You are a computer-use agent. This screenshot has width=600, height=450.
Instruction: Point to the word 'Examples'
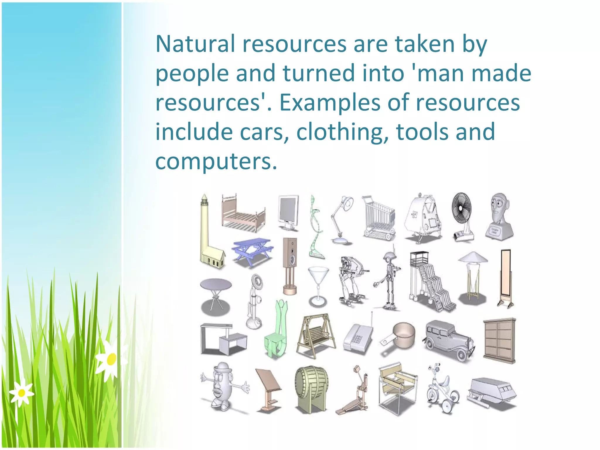[x=330, y=103]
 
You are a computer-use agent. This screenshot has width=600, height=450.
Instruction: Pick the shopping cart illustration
[x=379, y=218]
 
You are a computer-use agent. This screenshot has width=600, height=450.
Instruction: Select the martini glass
[x=318, y=284]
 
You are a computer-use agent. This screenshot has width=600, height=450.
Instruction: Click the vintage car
[x=448, y=340]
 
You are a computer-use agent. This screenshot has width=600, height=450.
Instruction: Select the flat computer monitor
[x=289, y=211]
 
